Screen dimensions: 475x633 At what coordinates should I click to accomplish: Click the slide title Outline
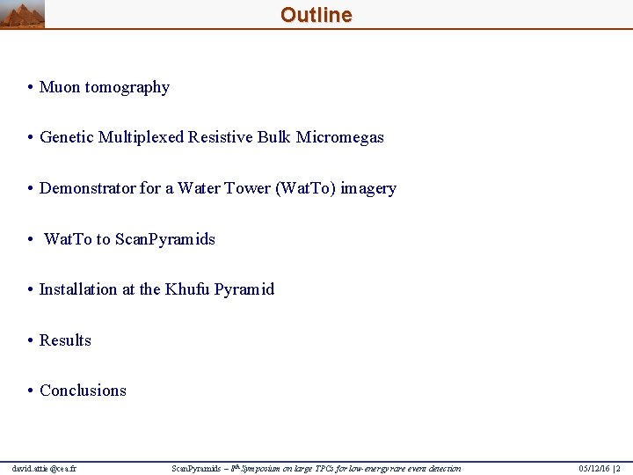click(316, 15)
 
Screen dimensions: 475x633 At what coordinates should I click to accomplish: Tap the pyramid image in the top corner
click(22, 15)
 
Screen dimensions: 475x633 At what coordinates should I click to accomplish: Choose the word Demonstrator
click(87, 188)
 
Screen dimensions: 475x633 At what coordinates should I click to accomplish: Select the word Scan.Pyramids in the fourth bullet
click(165, 239)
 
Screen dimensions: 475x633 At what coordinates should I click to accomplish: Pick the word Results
click(65, 340)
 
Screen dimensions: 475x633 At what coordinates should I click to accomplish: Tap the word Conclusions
click(83, 391)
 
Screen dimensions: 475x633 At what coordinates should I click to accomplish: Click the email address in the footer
click(44, 468)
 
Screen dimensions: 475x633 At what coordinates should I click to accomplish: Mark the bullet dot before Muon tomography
click(30, 87)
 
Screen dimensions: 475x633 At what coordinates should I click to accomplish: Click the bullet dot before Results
click(30, 340)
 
